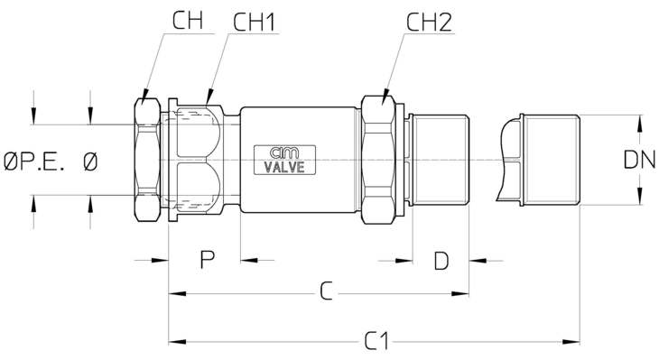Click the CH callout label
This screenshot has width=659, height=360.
point(188,21)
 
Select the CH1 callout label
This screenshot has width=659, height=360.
point(255,23)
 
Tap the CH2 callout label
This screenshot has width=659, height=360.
point(429,23)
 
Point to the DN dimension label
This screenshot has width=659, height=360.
point(640,160)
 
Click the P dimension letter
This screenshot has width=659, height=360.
point(208,260)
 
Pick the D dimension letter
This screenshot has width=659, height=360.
point(441,261)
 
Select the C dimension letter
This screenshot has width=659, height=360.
point(326,291)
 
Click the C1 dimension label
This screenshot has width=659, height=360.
point(377,341)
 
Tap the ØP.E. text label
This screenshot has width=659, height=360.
point(34,162)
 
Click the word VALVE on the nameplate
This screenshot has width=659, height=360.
point(284,167)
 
